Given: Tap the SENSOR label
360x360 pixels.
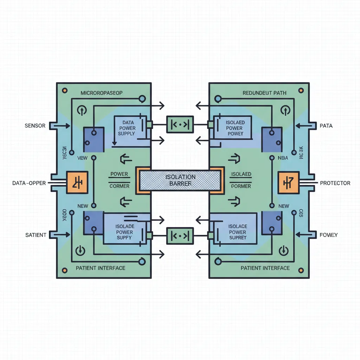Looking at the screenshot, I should (35, 126).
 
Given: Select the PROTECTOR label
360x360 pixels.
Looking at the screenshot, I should (335, 183).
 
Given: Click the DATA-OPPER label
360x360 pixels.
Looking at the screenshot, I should (29, 183).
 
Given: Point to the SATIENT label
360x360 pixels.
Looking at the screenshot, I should (36, 234).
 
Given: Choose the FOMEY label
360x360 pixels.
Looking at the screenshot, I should (329, 234).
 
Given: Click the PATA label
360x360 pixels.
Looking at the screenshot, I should (326, 126).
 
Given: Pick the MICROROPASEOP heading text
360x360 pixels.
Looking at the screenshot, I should (102, 93).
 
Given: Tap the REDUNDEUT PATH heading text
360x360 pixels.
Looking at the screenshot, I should (264, 93).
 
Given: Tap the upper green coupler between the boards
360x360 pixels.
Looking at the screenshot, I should (180, 124).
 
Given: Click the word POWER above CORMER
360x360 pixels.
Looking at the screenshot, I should (119, 174).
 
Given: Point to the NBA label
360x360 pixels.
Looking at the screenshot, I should (282, 158).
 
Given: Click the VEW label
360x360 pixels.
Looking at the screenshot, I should (82, 158).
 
